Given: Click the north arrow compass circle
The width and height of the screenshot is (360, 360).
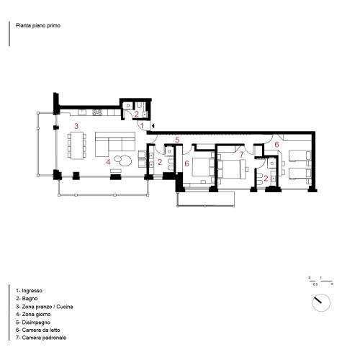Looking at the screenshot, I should [320, 302].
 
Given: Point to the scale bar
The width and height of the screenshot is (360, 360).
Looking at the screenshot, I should [320, 280].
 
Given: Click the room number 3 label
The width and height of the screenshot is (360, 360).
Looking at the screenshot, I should [76, 126].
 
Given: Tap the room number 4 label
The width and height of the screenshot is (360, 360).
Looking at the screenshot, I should [108, 162].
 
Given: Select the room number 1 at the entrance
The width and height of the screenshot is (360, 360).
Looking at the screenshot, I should [142, 125].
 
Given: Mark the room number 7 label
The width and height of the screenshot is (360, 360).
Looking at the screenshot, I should [241, 154].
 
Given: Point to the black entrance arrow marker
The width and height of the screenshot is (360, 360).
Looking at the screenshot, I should [153, 126].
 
